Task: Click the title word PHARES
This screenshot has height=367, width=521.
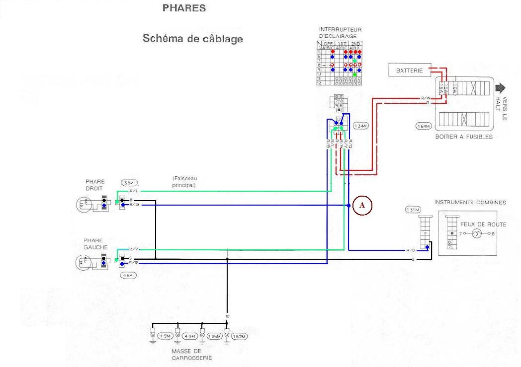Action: (184, 8)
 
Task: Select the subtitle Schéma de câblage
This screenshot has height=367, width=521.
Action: (193, 39)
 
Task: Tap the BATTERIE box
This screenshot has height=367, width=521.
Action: (409, 71)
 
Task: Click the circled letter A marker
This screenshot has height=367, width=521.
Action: (362, 205)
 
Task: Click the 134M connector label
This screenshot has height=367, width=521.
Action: (360, 126)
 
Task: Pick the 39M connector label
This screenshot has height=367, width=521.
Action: (129, 183)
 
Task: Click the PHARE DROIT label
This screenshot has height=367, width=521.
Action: (95, 185)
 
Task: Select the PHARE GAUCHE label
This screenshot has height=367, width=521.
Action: (93, 243)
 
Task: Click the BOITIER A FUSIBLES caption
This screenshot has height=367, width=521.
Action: (463, 137)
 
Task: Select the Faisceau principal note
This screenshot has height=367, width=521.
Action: (184, 181)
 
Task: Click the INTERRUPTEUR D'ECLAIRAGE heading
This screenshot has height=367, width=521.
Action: (340, 33)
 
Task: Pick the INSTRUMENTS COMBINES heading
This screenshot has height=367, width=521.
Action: (470, 202)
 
